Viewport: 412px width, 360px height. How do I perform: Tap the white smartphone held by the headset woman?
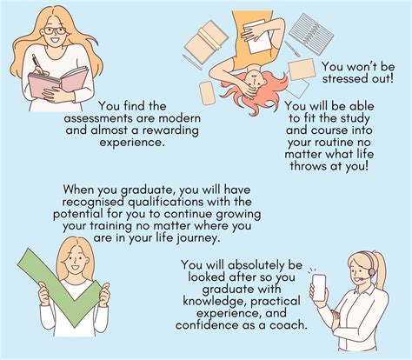click(319, 288)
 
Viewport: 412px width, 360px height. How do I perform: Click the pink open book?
click(58, 82)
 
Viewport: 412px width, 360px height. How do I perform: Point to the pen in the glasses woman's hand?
click(37, 63)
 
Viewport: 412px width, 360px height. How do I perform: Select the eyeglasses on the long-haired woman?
click(55, 30)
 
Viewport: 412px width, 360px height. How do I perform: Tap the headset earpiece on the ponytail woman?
click(372, 272)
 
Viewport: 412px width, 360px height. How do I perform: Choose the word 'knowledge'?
click(214, 302)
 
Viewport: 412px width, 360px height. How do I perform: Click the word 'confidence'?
click(207, 325)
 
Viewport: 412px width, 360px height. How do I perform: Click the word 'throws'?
click(308, 166)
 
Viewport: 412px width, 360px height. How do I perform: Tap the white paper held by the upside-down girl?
click(257, 37)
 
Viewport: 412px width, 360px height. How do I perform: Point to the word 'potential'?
click(78, 214)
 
